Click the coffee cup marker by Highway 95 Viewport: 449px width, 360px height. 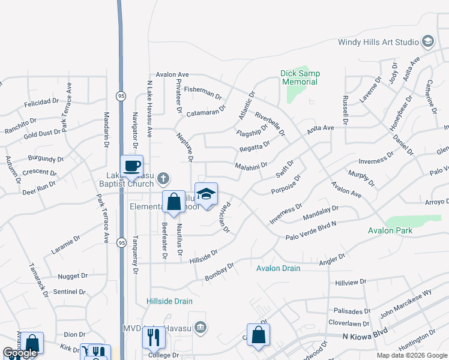point(131,166)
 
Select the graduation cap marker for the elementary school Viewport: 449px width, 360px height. point(206,194)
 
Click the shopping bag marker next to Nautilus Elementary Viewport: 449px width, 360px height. point(173,202)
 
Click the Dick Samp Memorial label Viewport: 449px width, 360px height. point(300,77)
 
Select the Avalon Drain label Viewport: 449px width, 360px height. point(278,268)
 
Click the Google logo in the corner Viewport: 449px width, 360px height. point(20,353)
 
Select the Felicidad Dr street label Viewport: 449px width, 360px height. point(41,103)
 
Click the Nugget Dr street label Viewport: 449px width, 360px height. point(73,277)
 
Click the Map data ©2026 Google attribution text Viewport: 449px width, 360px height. point(412,355)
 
